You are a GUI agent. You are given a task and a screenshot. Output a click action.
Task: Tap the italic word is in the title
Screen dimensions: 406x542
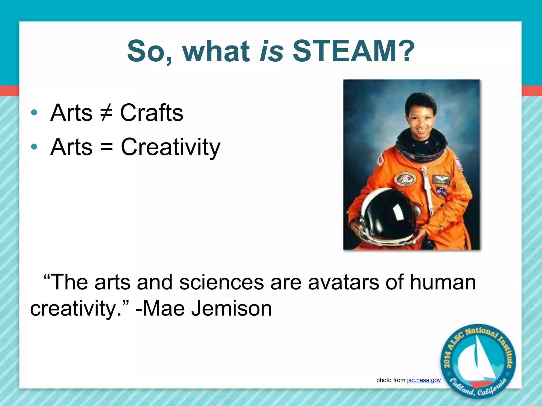272,51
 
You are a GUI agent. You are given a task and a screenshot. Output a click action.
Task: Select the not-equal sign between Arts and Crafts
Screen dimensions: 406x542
106,113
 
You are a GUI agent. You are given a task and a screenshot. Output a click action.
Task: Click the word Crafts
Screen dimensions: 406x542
152,113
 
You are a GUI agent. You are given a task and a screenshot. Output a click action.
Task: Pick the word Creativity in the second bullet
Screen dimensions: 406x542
170,147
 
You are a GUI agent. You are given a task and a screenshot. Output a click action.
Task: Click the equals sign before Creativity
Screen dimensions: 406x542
106,147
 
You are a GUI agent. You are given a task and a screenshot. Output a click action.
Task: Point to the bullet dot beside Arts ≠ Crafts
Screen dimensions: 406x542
34,113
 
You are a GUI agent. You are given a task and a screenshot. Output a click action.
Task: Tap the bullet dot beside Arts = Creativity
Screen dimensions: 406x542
34,147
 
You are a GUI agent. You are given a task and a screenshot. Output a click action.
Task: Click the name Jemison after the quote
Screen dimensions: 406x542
232,309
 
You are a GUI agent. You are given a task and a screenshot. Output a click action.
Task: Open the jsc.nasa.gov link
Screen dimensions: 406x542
424,380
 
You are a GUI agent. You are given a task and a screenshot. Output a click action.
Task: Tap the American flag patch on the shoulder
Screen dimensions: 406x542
459,164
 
